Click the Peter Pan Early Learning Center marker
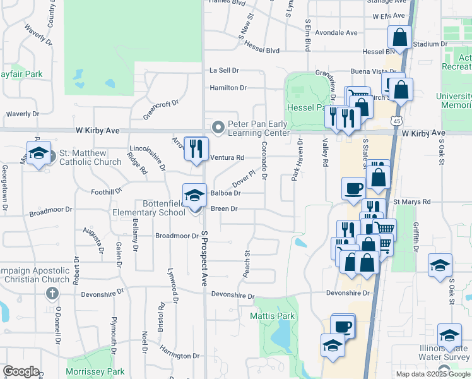click(x=218, y=128)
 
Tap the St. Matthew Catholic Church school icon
click(x=38, y=153)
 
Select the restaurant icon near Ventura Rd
click(x=196, y=150)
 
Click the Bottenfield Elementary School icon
click(x=194, y=195)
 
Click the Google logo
click(x=21, y=371)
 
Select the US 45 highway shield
click(x=396, y=120)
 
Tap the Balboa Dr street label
click(x=225, y=193)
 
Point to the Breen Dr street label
click(x=224, y=208)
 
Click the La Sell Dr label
click(x=224, y=71)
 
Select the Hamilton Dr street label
click(x=228, y=88)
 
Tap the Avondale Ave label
click(x=336, y=33)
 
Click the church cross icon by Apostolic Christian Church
click(x=52, y=293)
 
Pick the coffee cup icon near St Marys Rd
click(x=353, y=188)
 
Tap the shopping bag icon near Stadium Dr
click(x=399, y=37)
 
